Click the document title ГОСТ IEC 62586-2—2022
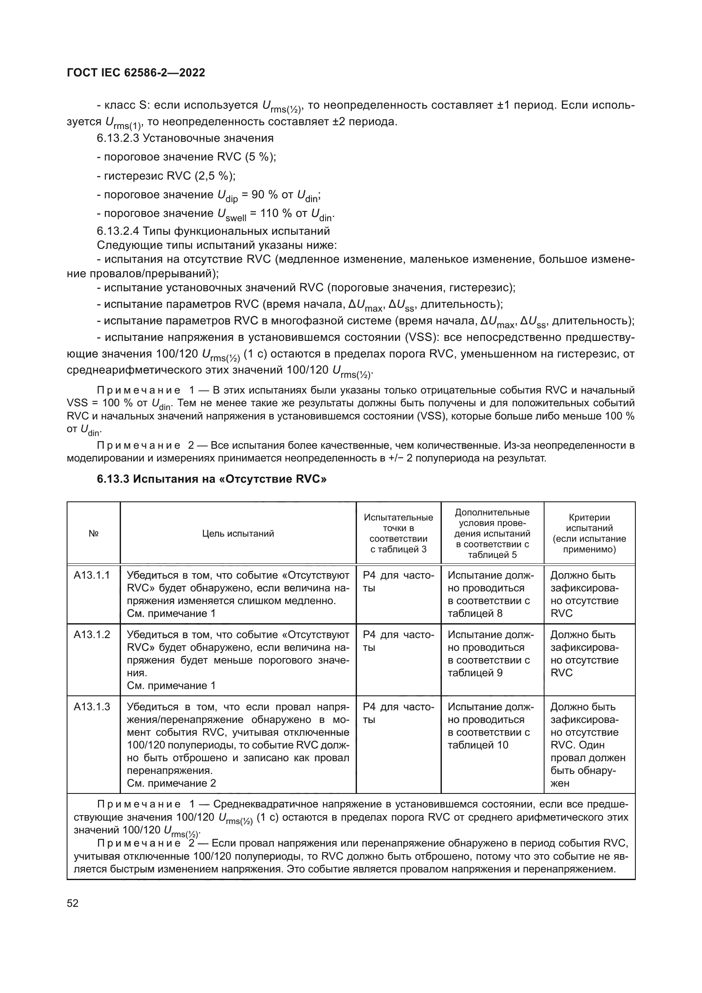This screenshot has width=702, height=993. [x=136, y=73]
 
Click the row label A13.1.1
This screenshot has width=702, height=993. [x=92, y=575]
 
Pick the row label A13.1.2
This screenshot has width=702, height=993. [x=92, y=634]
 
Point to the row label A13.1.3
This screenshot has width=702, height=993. [x=92, y=707]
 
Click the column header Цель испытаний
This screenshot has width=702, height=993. [x=238, y=533]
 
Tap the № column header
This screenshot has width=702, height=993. [x=93, y=533]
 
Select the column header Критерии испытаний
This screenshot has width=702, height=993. [x=589, y=533]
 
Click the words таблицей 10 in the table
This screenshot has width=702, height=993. [x=477, y=745]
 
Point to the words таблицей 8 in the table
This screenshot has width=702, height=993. [x=475, y=613]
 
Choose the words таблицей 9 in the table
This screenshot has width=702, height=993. [x=475, y=672]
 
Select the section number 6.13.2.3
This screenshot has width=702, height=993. [x=118, y=138]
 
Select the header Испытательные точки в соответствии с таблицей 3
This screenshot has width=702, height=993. [x=398, y=533]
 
